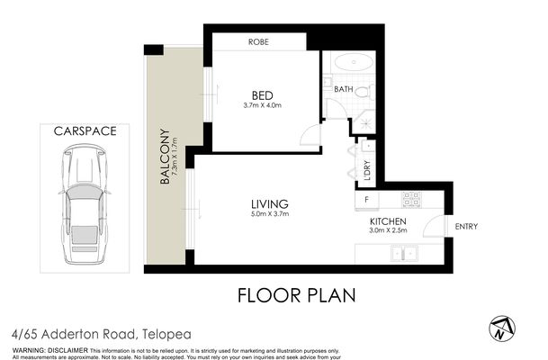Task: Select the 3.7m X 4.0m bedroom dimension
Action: point(263,106)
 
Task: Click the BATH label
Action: point(343,89)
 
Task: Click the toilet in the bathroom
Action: point(361,91)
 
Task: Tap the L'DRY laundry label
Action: point(367,169)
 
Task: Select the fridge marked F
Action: point(367,199)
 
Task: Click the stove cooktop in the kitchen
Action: point(412,198)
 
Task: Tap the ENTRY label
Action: point(467,226)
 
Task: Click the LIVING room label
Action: point(269,203)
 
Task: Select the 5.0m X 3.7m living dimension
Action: point(269,215)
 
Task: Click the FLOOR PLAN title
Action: point(296,294)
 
